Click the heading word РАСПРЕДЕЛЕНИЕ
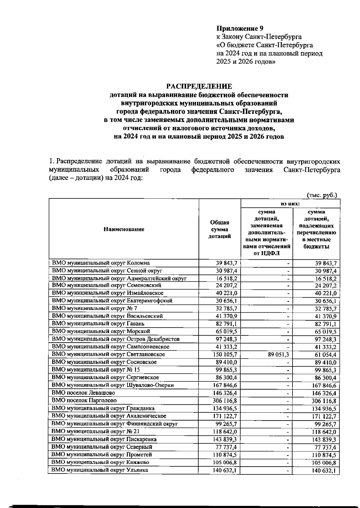click(199, 86)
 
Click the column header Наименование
click(124, 229)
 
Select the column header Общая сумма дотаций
click(220, 229)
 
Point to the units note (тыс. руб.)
click(322, 195)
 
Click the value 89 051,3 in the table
click(279, 354)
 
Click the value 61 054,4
click(325, 355)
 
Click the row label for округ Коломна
click(101, 263)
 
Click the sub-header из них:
click(290, 203)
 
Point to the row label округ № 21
click(95, 431)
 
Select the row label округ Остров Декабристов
click(116, 339)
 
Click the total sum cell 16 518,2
click(226, 278)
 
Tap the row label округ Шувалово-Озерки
click(112, 385)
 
